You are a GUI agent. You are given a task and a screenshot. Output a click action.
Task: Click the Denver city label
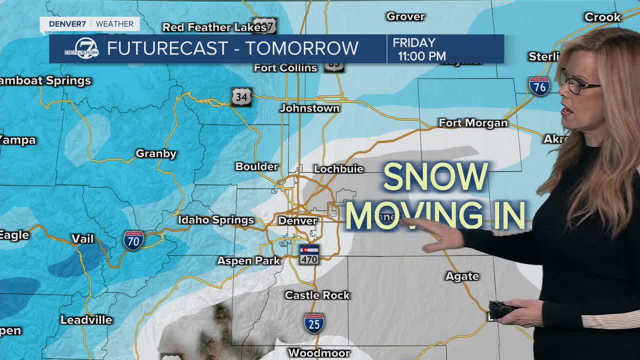297,220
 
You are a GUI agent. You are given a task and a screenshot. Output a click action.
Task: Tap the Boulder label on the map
256,166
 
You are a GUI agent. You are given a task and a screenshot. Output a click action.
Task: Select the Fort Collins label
285,68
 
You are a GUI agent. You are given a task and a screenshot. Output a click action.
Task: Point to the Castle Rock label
317,295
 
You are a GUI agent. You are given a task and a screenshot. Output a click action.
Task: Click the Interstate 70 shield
134,240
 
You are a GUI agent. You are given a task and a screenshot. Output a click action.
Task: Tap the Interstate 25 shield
314,323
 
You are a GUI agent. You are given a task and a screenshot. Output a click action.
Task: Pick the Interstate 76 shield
539,86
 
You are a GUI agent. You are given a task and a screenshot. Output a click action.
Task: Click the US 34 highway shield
241,97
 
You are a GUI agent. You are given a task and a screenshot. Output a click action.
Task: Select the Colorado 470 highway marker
309,254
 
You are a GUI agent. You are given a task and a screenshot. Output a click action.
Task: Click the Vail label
82,239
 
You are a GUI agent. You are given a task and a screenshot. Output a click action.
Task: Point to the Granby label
156,154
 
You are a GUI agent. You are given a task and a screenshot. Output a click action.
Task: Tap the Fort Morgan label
473,123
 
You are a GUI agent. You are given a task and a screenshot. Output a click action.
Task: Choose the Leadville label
86,320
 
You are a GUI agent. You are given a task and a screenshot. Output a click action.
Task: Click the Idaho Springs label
216,220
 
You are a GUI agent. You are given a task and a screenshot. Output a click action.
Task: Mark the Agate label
462,276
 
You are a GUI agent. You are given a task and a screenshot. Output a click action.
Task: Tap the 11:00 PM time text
421,56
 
